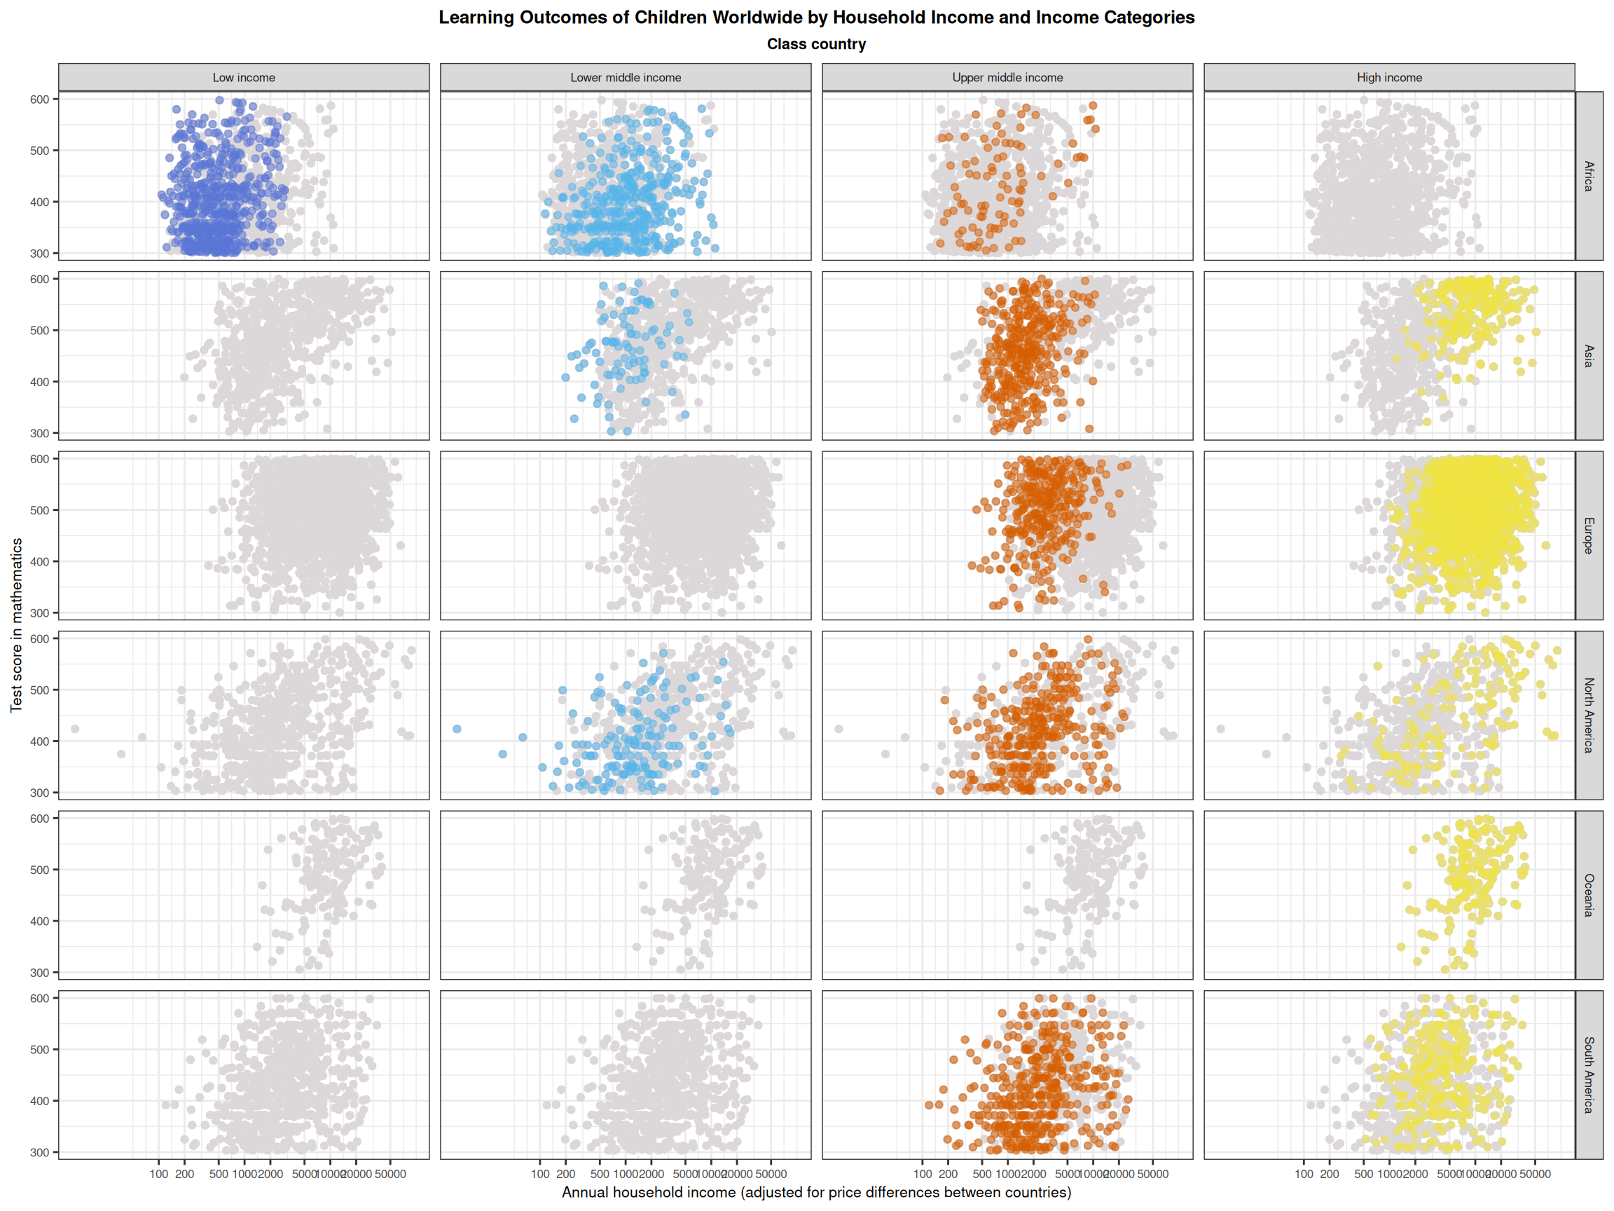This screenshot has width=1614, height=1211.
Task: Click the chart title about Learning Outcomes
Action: pyautogui.click(x=815, y=18)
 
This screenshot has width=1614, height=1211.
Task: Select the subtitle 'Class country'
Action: pyautogui.click(x=815, y=45)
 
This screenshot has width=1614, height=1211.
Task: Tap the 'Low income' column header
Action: pyautogui.click(x=244, y=77)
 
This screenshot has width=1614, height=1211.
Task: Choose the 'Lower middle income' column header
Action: pyautogui.click(x=626, y=77)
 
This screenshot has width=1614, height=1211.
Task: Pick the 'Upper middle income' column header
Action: pyautogui.click(x=1007, y=77)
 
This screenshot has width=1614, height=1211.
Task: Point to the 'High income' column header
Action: pyautogui.click(x=1388, y=77)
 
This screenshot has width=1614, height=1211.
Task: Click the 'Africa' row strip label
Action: pyautogui.click(x=1589, y=176)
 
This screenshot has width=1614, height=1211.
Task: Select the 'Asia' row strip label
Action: pyautogui.click(x=1589, y=355)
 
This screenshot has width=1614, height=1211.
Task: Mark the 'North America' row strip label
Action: pyautogui.click(x=1589, y=716)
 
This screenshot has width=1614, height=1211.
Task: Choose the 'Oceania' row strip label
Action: pyautogui.click(x=1589, y=895)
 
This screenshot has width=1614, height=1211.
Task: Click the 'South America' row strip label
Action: pyautogui.click(x=1589, y=1074)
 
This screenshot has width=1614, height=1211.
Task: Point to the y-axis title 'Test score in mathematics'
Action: pyautogui.click(x=16, y=625)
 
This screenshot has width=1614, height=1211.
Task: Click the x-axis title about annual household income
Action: pyautogui.click(x=815, y=1193)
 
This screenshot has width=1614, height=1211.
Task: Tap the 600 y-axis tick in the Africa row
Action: pyautogui.click(x=39, y=100)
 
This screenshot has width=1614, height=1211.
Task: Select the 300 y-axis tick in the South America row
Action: pyautogui.click(x=39, y=1153)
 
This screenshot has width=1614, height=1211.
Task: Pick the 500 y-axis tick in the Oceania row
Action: pyautogui.click(x=39, y=870)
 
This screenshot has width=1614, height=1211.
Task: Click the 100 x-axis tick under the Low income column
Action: pyautogui.click(x=158, y=1175)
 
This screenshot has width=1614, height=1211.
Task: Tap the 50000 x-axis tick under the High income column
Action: pyautogui.click(x=1534, y=1175)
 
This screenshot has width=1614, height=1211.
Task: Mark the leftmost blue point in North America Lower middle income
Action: pyautogui.click(x=457, y=730)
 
